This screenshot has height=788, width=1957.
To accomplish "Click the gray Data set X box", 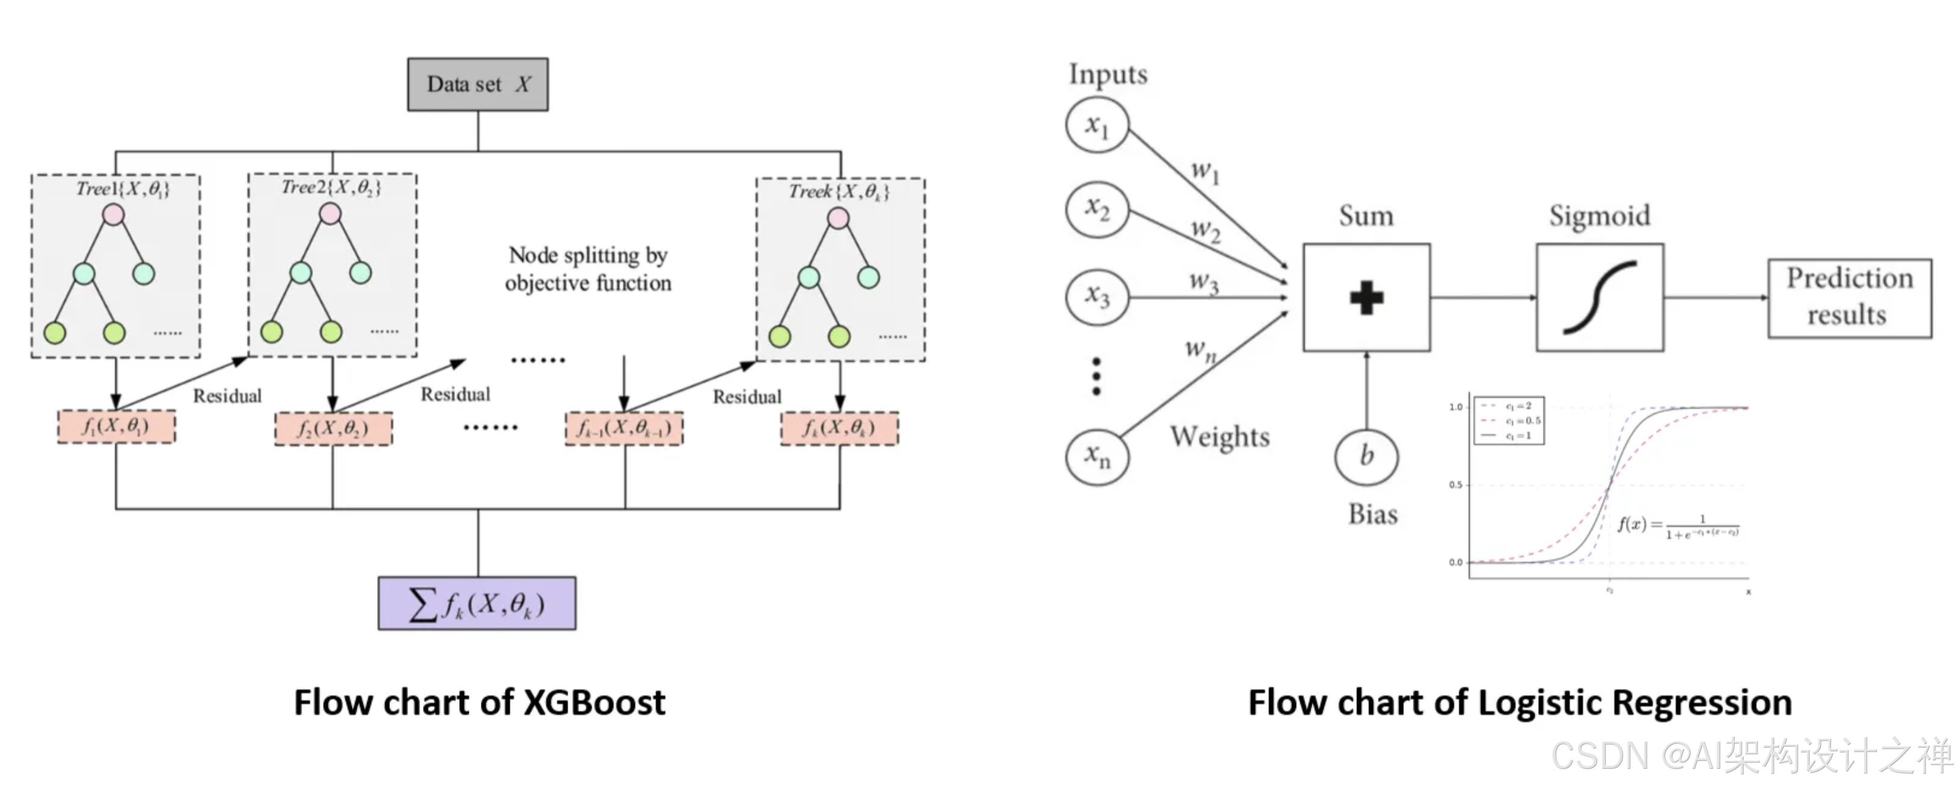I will coord(477,84).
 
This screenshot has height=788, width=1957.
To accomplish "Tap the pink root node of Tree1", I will coord(113,215).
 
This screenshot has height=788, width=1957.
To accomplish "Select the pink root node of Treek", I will coord(838,219).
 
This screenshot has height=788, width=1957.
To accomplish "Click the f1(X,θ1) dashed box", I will coord(116,427).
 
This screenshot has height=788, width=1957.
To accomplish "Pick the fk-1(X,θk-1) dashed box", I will coord(624,428).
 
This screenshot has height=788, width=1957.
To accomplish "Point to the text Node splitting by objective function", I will coord(588,269).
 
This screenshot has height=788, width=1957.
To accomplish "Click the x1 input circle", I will coord(1097,125).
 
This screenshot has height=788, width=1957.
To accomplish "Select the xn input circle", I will coord(1097,456).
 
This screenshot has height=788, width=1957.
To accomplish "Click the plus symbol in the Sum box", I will coord(1366,298).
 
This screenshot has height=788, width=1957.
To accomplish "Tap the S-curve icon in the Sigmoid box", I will coord(1599,298).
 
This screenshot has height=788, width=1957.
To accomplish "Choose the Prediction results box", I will coord(1849,297).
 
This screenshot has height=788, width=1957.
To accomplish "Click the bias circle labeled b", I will coord(1366,456).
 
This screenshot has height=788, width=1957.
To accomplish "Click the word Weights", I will coord(1220,437).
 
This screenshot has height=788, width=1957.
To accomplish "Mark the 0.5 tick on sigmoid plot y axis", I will coord(1455,485).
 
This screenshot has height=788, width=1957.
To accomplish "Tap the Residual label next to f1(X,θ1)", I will coord(227,396).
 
